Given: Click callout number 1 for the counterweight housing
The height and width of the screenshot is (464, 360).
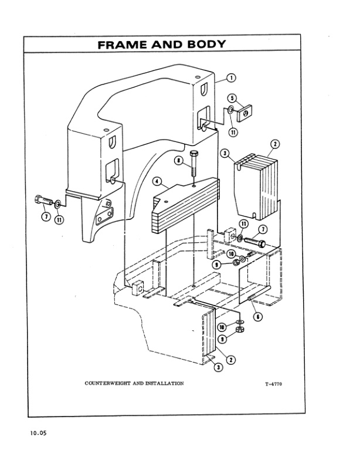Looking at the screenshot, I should (x=231, y=77).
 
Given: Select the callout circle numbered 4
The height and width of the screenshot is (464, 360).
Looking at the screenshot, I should (x=158, y=182).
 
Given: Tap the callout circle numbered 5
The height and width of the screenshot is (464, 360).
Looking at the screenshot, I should (x=232, y=98).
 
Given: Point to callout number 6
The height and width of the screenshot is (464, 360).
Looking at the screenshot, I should (x=258, y=316).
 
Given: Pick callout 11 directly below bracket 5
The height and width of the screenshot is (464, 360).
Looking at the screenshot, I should (x=233, y=132).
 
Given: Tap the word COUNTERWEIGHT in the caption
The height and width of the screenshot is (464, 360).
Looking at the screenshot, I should (x=108, y=382).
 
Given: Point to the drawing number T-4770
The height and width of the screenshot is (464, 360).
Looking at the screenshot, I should (x=274, y=384).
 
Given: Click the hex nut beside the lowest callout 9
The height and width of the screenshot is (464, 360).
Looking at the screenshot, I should (x=239, y=331).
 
